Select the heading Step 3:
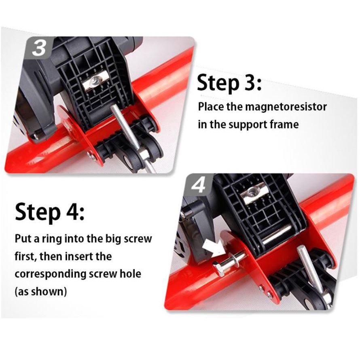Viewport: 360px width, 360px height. [229, 83]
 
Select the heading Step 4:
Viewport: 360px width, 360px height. [50, 212]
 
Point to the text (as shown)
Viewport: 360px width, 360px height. [41, 292]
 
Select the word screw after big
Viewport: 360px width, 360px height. [138, 239]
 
